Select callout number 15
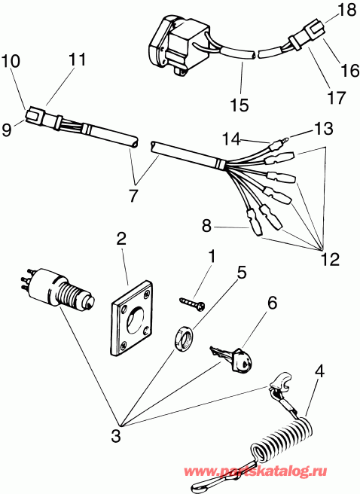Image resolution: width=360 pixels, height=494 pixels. click(x=239, y=105)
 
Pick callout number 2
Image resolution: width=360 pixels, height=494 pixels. click(x=121, y=240)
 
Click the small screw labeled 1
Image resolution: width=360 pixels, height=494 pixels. click(x=191, y=302)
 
